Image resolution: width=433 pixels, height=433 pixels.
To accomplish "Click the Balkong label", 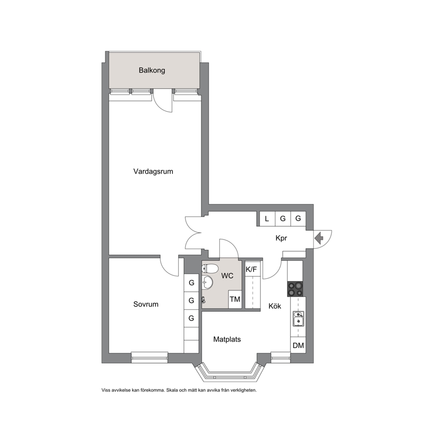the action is [152, 70].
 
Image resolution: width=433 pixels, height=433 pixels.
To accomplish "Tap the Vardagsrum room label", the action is [153, 172].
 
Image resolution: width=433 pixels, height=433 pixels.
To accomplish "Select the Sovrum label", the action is [146, 304].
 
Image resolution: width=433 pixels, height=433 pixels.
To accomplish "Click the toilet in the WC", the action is [210, 268].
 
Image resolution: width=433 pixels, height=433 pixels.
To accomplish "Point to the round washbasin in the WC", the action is [208, 282].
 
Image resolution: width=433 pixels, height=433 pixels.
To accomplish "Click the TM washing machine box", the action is [235, 299].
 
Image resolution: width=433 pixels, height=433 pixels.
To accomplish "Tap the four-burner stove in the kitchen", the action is [295, 289].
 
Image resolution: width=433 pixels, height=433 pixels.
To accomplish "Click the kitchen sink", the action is [298, 319].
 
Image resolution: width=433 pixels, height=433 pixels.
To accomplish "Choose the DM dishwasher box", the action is [298, 345].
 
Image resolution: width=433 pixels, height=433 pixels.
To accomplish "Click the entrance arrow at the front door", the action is [319, 238].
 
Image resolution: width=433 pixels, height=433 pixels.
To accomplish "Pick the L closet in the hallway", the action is [267, 219].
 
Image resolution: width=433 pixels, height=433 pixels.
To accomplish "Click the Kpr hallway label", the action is [281, 238].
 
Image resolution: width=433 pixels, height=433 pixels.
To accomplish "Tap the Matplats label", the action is [227, 340].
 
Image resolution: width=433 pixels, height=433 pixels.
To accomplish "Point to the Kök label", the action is [275, 306].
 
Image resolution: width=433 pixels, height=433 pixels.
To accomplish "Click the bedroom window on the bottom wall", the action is [149, 357].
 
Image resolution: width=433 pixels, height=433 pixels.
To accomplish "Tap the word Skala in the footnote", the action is [172, 391].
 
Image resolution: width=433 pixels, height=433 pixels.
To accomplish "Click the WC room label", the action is [227, 276].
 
